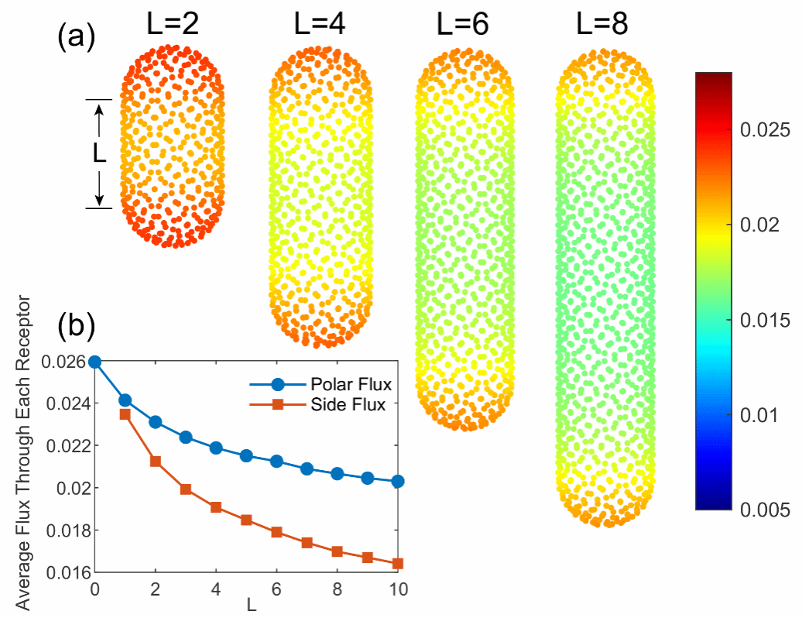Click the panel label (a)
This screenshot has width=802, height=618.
coord(76,36)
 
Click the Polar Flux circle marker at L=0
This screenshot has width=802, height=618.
coord(94,362)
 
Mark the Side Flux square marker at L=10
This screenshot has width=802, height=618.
coord(398,564)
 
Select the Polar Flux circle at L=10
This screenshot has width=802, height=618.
coord(398,481)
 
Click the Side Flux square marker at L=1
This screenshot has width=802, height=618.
coord(125,414)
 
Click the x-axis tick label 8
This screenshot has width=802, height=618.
coord(337,588)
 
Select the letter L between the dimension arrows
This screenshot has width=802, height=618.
coord(99,153)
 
